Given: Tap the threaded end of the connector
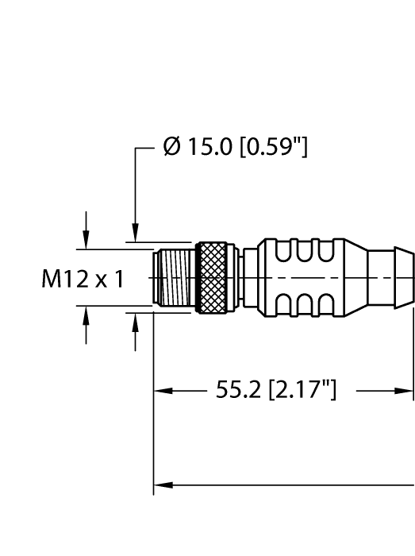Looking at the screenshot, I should (173, 278).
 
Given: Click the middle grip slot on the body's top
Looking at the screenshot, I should (305, 252).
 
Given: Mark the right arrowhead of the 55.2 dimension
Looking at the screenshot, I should (406, 391).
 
